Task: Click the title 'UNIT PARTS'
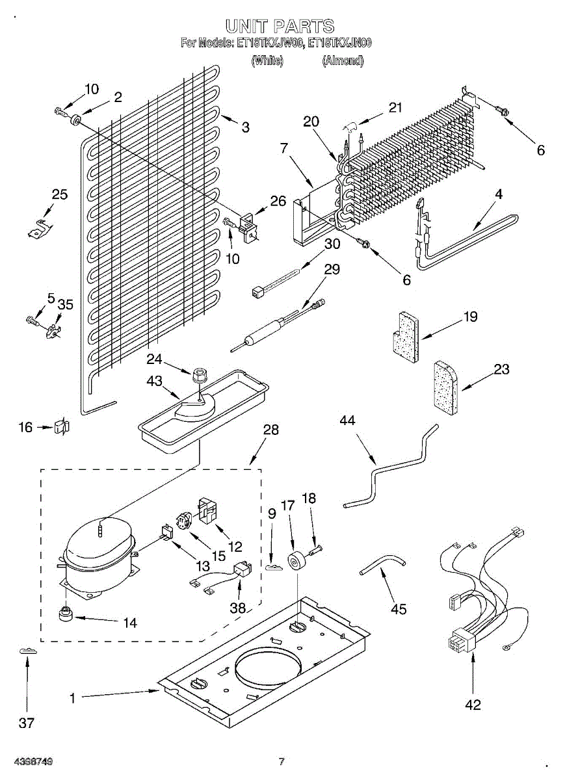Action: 280,26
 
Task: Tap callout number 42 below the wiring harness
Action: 473,704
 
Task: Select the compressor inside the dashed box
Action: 98,549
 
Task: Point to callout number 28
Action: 270,430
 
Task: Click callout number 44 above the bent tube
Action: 347,421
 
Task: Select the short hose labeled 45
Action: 381,563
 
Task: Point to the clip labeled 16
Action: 62,427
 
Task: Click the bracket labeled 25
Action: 40,227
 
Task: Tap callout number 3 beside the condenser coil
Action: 245,127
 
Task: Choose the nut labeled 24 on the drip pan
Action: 199,375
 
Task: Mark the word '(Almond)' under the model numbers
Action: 343,60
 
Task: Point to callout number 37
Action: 26,722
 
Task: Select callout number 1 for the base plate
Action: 73,698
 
